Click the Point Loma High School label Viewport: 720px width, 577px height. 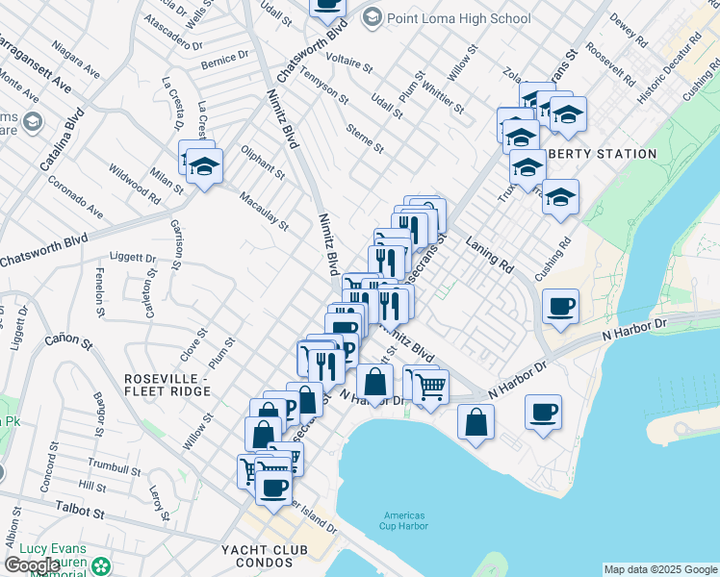pyautogui.click(x=458, y=18)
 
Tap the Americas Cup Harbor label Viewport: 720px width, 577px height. pyautogui.click(x=403, y=521)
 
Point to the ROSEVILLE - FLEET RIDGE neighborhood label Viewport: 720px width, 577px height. pyautogui.click(x=167, y=385)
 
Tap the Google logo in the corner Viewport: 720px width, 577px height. pyautogui.click(x=32, y=565)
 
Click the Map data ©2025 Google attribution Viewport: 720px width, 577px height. pyautogui.click(x=660, y=569)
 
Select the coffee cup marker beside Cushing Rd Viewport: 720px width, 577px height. pyautogui.click(x=560, y=308)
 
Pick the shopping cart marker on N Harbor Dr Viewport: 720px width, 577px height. pyautogui.click(x=430, y=385)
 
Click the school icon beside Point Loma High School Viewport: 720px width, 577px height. pyautogui.click(x=372, y=17)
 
